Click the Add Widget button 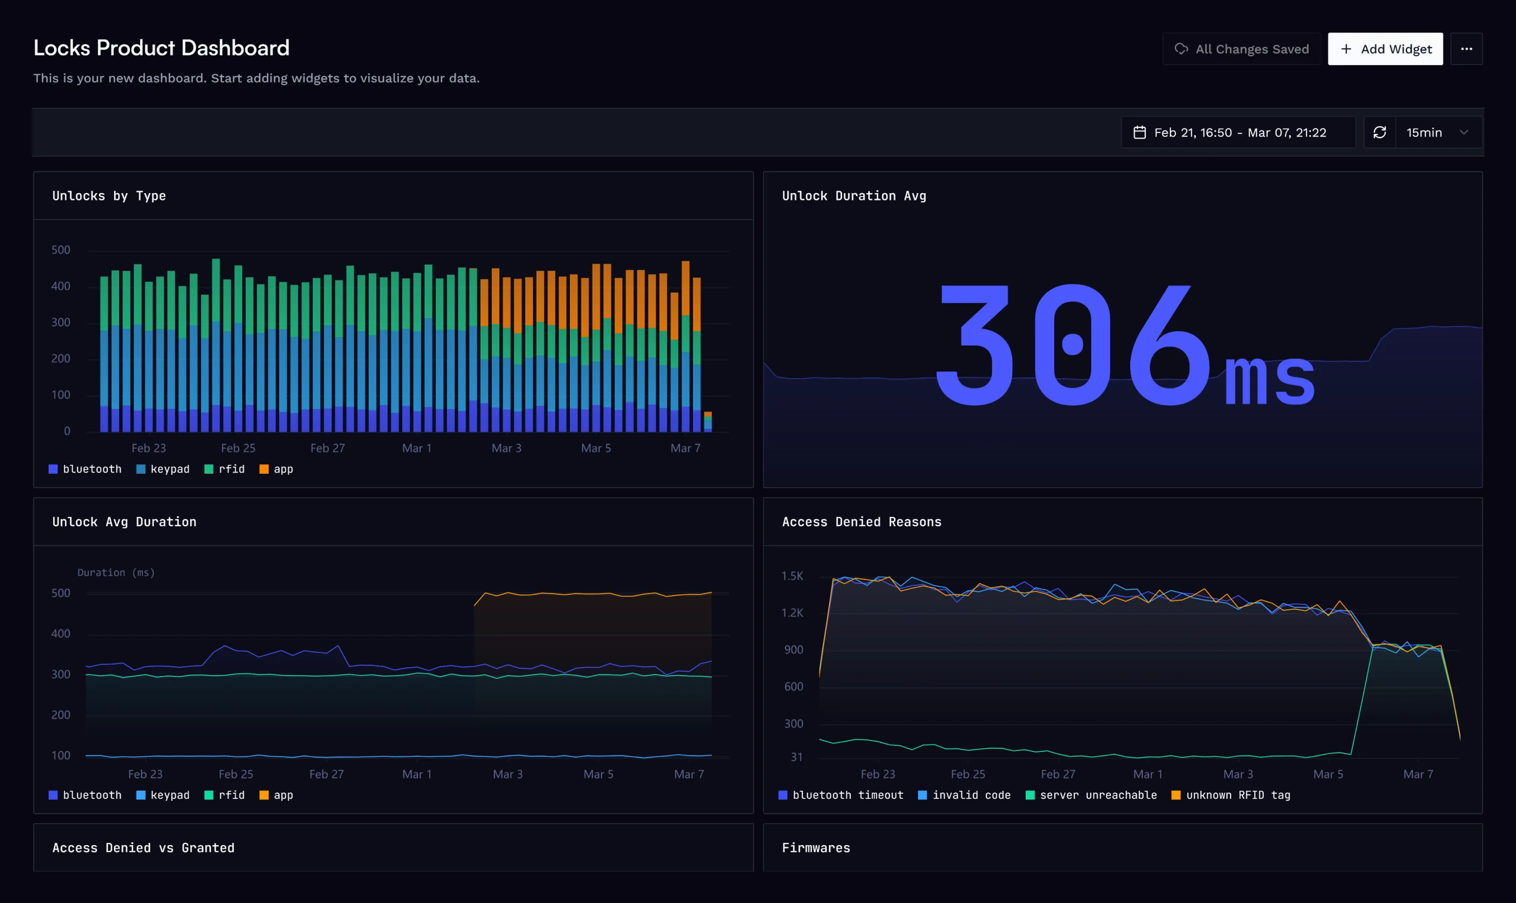coord(1384,49)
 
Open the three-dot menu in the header coord(1466,49)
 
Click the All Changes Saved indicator coord(1241,49)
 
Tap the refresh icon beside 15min coord(1379,133)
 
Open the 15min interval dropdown coord(1437,133)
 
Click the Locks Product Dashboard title coord(161,48)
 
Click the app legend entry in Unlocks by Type coord(276,469)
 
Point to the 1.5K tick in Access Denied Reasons coord(793,576)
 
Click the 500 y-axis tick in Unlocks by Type coord(61,250)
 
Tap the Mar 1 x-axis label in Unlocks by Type coord(417,448)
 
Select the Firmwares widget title coord(816,847)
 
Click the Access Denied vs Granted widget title coord(143,847)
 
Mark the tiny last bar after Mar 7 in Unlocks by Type coord(708,422)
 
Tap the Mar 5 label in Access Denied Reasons coord(1328,774)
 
